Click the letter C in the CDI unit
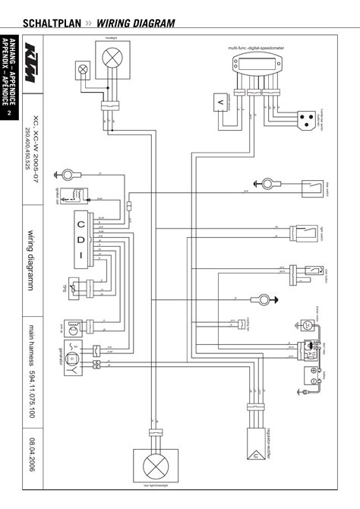coord(79,223)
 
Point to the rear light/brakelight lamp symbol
coord(155,463)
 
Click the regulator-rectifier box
coord(255,438)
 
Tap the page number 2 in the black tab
coord(8,114)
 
